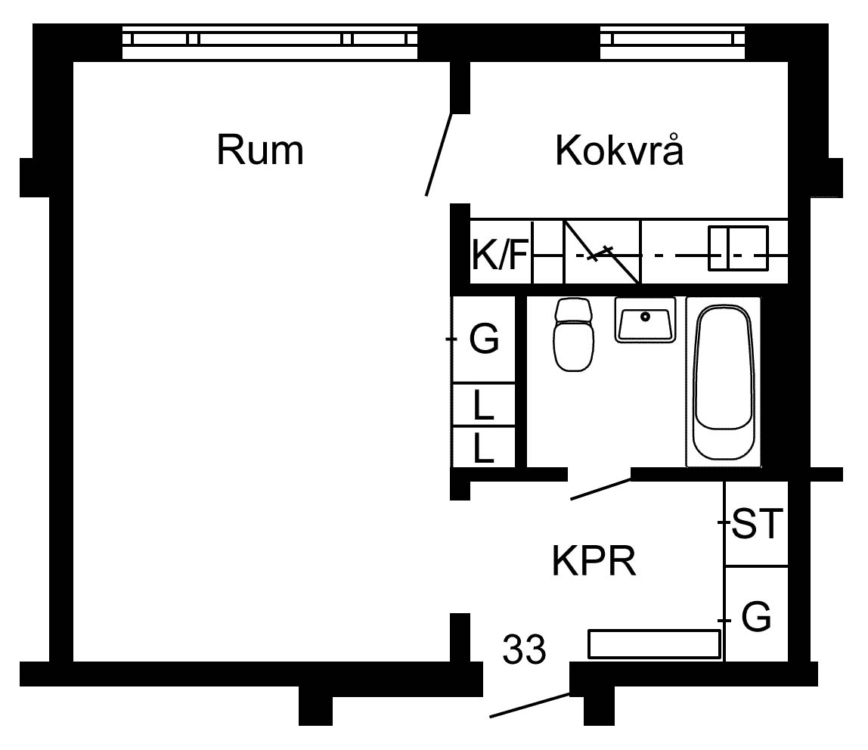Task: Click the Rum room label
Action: pos(260,150)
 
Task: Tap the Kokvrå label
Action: pos(619,150)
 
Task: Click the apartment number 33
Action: pos(524,649)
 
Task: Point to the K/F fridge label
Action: pos(499,255)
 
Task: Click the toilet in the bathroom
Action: pos(573,334)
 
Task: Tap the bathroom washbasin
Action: pos(645,319)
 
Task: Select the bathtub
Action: pos(723,383)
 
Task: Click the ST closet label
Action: pos(757,523)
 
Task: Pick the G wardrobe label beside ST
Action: pos(756,617)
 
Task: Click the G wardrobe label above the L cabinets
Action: pos(485,338)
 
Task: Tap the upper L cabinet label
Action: pos(483,405)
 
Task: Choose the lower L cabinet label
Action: pos(483,448)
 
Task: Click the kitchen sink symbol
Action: pos(739,249)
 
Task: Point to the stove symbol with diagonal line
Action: pos(603,252)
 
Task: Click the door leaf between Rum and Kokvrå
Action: pos(439,154)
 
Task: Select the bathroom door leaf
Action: pos(600,490)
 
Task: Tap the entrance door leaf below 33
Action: pos(530,705)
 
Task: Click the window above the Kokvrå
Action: pos(673,42)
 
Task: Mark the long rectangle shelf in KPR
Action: pos(654,644)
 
